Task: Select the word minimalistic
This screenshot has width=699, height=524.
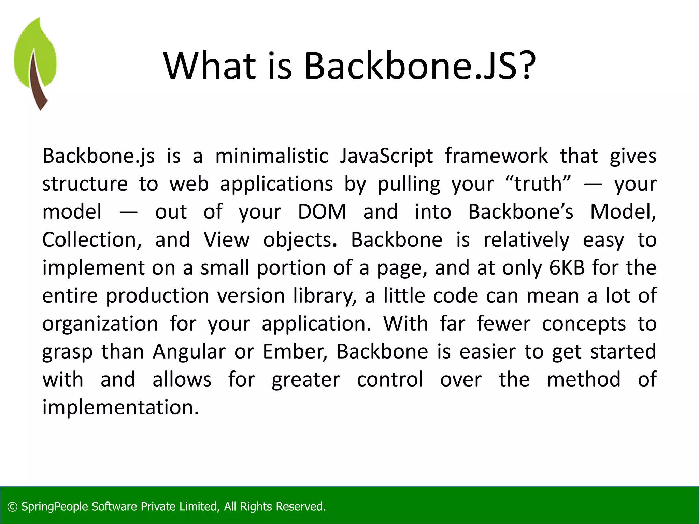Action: click(272, 156)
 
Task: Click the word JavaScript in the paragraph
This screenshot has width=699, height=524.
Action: click(386, 156)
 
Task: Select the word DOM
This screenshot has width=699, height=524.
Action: click(322, 212)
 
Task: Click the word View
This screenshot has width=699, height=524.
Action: click(227, 240)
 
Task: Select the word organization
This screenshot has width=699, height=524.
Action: click(100, 324)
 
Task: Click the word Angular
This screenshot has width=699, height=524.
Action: click(189, 352)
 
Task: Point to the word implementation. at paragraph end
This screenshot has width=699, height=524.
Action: click(120, 408)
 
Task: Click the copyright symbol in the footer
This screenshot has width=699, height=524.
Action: click(12, 507)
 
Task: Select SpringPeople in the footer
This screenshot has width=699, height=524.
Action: click(55, 507)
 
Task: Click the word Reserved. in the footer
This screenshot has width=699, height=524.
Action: click(300, 507)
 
